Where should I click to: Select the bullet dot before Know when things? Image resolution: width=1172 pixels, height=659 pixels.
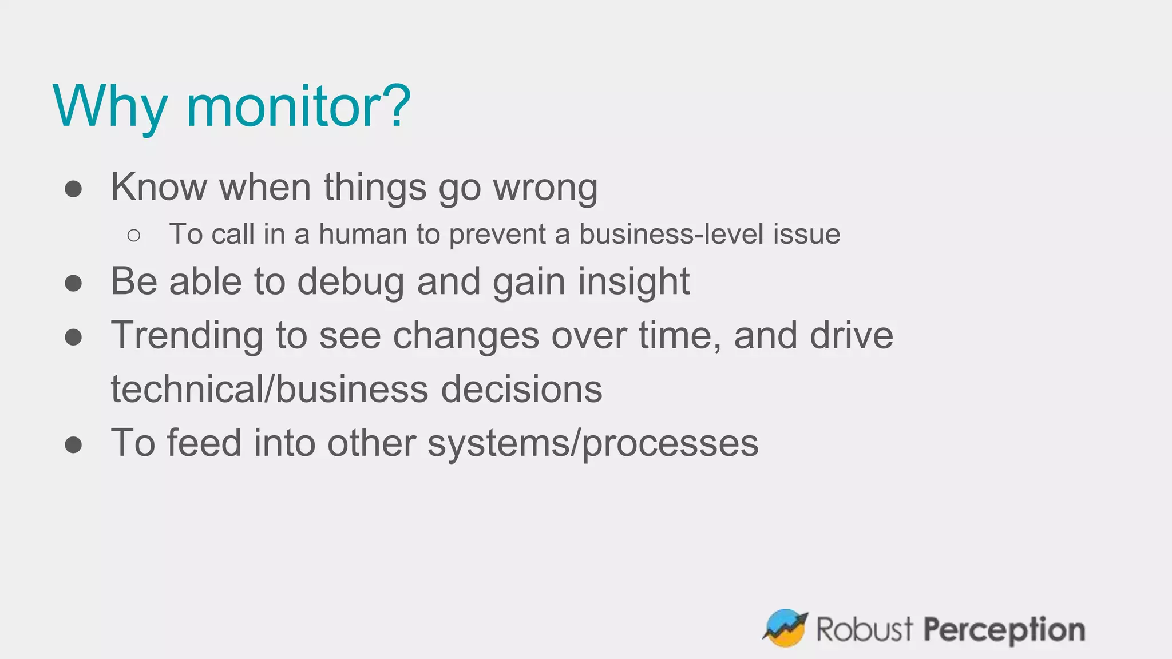tap(73, 188)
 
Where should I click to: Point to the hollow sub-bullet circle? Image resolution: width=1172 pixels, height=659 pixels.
tap(134, 235)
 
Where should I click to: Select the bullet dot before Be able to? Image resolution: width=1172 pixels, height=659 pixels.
tap(73, 283)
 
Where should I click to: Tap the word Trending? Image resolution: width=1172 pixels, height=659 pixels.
tap(187, 336)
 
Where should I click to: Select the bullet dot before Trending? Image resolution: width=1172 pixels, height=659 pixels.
tap(73, 337)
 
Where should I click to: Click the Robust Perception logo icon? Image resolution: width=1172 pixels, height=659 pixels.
tap(785, 628)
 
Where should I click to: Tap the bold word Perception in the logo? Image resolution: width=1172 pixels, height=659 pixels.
tap(1004, 630)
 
